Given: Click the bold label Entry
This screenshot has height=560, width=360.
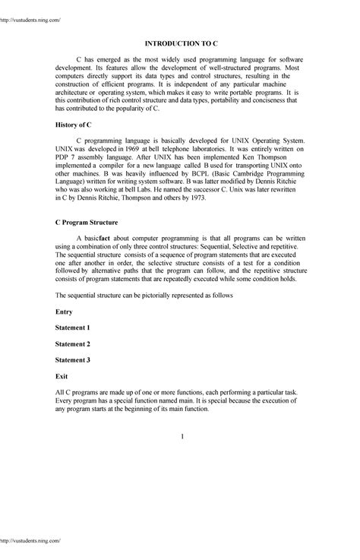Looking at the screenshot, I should coord(67,312).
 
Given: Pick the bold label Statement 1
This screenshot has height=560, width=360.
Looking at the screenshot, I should coord(74,327).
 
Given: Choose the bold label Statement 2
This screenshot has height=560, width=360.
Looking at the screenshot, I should coord(74,343).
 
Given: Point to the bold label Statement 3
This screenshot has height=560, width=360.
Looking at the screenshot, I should coord(74,359).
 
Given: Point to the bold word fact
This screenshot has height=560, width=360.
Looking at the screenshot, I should coord(109,238).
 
